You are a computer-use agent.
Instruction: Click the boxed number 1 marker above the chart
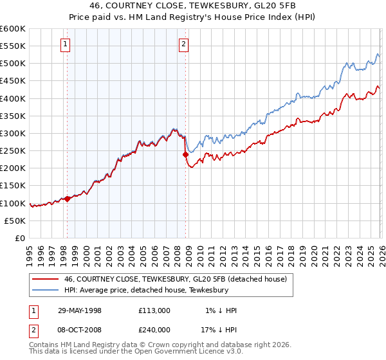67,44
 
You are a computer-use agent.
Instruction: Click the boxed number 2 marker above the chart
184,44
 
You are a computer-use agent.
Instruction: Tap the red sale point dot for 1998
67,199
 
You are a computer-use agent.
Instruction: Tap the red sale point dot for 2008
185,154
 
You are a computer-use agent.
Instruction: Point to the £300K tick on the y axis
13,134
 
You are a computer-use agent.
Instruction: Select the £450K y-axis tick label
13,81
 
